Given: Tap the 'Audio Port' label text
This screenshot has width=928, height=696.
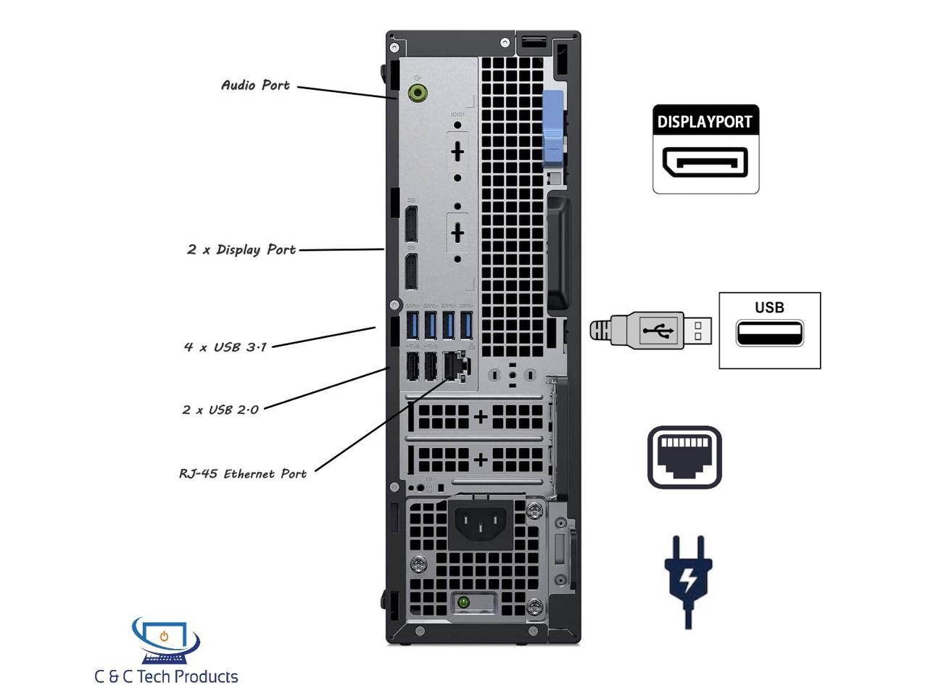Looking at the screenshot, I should click(x=255, y=86).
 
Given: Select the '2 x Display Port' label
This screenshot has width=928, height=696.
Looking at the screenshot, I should click(x=241, y=250).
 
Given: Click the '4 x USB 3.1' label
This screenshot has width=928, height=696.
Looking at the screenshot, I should click(x=225, y=347).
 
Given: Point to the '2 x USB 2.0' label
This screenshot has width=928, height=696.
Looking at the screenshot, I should click(x=220, y=410).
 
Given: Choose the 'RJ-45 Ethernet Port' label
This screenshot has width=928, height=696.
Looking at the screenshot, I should click(x=243, y=474).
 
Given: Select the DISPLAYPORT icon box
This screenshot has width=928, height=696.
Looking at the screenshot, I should click(x=705, y=149).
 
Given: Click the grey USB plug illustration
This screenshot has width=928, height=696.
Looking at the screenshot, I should click(x=650, y=331).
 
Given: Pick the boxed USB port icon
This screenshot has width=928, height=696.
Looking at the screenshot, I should click(x=769, y=331).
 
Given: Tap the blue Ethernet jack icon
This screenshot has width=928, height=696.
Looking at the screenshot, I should click(x=684, y=457).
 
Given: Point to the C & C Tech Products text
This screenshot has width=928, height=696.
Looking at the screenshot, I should click(x=166, y=677).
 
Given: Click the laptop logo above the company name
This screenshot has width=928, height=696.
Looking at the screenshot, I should click(x=165, y=639).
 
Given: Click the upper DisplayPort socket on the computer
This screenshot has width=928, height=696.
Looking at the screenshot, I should click(x=410, y=225).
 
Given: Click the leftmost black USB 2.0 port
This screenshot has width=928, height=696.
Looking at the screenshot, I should click(x=413, y=365).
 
